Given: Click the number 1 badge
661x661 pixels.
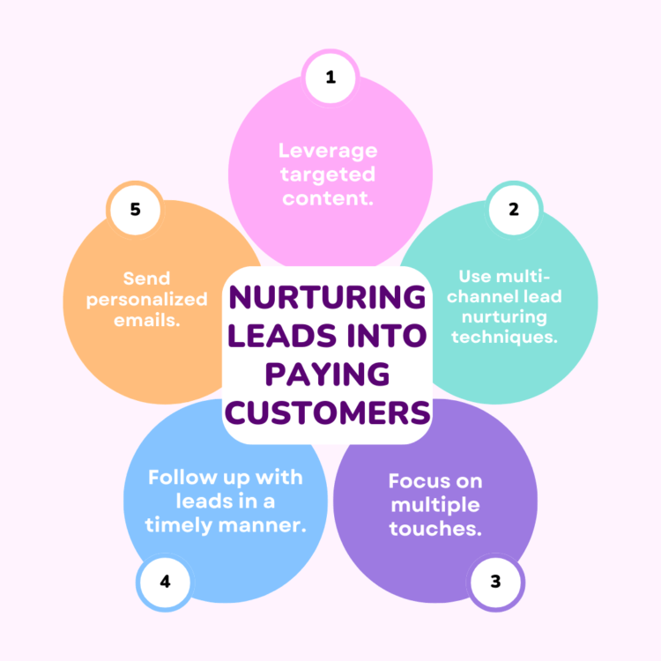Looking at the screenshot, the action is pyautogui.click(x=330, y=78).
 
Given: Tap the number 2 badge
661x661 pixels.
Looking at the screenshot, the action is pyautogui.click(x=514, y=210).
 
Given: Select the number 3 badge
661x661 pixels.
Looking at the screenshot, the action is pyautogui.click(x=495, y=583).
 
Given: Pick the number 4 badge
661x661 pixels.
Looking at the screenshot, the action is pyautogui.click(x=165, y=583).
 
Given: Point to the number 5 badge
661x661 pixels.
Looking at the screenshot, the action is pyautogui.click(x=135, y=210).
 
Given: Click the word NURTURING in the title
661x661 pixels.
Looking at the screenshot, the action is pyautogui.click(x=327, y=297).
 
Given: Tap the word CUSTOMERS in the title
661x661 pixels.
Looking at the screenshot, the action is pyautogui.click(x=328, y=412).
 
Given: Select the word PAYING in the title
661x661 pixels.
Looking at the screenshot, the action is pyautogui.click(x=328, y=374).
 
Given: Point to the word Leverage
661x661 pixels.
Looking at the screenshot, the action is pyautogui.click(x=328, y=152).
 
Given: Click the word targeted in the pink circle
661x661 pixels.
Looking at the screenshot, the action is pyautogui.click(x=328, y=175).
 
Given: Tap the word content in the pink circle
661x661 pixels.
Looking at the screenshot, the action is pyautogui.click(x=326, y=198).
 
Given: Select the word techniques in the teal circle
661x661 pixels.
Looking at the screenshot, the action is pyautogui.click(x=502, y=338).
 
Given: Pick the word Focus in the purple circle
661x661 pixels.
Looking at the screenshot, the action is pyautogui.click(x=413, y=481).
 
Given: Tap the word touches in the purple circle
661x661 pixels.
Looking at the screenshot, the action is pyautogui.click(x=433, y=528).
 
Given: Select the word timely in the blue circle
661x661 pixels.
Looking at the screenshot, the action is pyautogui.click(x=178, y=526).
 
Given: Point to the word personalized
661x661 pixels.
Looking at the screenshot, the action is pyautogui.click(x=146, y=301).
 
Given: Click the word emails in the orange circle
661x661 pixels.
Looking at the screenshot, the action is pyautogui.click(x=145, y=321).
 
